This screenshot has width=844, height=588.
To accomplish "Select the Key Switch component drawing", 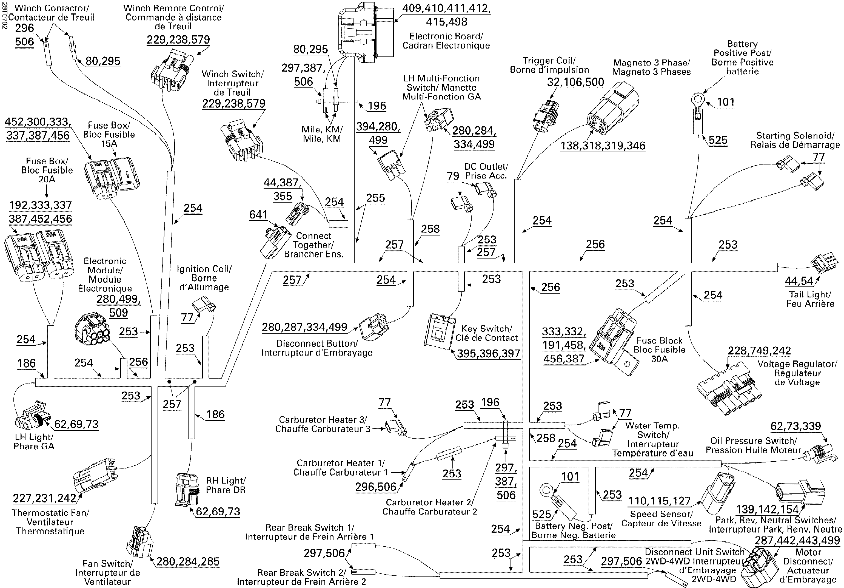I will (439, 331).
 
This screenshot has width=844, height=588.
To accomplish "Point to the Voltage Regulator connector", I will (728, 392).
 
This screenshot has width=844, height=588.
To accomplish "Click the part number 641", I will (258, 215).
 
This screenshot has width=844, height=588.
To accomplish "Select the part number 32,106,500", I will (575, 82).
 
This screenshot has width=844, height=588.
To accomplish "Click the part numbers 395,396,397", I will (488, 353).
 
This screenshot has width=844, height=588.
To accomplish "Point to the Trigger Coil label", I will (549, 65).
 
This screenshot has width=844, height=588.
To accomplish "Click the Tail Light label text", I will (810, 299).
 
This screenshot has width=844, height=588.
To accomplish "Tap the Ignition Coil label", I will (204, 278).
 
